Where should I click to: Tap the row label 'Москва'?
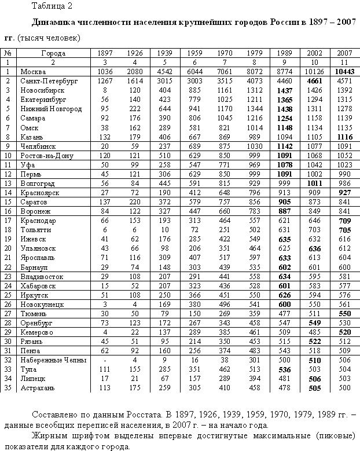pyautogui.click(x=33, y=71)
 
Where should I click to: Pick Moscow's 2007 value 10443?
pyautogui.click(x=345, y=71)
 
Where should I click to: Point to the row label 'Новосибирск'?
pyautogui.click(x=42, y=90)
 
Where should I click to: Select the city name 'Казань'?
pyautogui.click(x=32, y=136)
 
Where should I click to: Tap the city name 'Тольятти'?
pyautogui.click(x=36, y=229)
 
